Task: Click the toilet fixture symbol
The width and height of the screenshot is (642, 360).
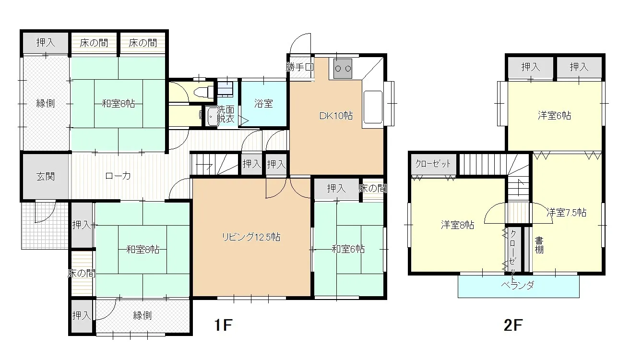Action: [204, 92]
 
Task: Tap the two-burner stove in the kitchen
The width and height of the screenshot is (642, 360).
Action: [343, 69]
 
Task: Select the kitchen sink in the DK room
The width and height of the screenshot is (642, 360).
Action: [373, 107]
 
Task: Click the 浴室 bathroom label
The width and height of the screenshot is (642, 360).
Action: [263, 104]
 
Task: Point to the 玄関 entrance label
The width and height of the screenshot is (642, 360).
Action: [46, 176]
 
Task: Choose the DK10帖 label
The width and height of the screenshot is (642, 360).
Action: [336, 116]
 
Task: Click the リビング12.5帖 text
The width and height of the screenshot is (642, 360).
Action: [251, 237]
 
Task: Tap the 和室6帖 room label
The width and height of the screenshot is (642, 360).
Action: [348, 249]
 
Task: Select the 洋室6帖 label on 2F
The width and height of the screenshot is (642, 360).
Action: [554, 116]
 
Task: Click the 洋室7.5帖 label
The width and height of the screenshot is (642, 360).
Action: [566, 212]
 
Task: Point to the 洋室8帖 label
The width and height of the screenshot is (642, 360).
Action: [457, 225]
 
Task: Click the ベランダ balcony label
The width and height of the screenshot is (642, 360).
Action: [518, 285]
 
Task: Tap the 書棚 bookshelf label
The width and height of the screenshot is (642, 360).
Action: [539, 245]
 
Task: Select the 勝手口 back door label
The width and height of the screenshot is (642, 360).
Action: [299, 67]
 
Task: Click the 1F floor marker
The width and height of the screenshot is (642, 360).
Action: [223, 325]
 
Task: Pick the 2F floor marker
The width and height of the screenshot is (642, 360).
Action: [513, 325]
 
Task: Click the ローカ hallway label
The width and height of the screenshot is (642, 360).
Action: [118, 176]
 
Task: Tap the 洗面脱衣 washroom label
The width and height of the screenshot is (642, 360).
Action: [226, 114]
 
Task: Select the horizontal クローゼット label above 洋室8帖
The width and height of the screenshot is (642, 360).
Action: [433, 164]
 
